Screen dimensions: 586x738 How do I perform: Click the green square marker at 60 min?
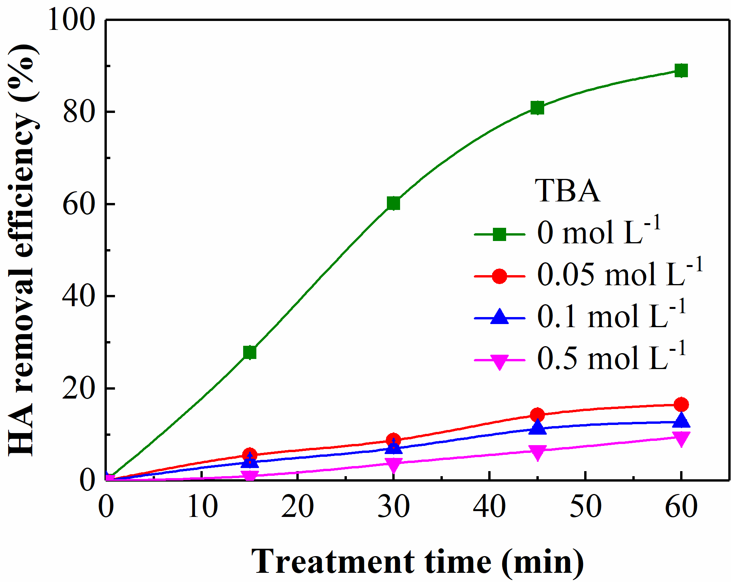click(681, 71)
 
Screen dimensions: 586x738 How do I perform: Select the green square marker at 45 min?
click(537, 107)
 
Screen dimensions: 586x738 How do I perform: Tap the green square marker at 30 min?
click(393, 203)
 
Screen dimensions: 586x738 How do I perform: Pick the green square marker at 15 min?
click(249, 352)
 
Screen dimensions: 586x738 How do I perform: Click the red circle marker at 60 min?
click(681, 404)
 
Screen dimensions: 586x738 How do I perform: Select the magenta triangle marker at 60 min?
click(681, 439)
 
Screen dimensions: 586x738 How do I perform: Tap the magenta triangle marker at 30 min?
click(393, 464)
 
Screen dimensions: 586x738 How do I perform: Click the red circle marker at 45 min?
click(537, 415)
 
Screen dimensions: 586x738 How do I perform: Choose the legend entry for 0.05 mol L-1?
click(620, 275)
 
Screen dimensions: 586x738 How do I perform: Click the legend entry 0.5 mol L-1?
click(611, 358)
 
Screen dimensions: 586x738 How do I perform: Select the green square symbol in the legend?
click(500, 234)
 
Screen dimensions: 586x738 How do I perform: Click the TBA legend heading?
click(567, 191)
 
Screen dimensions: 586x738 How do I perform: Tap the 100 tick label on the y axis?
click(71, 20)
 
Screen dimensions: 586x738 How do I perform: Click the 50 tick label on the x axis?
click(585, 506)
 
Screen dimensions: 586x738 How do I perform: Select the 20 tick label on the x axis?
click(297, 506)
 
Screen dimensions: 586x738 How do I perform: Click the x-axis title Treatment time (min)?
click(417, 562)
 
